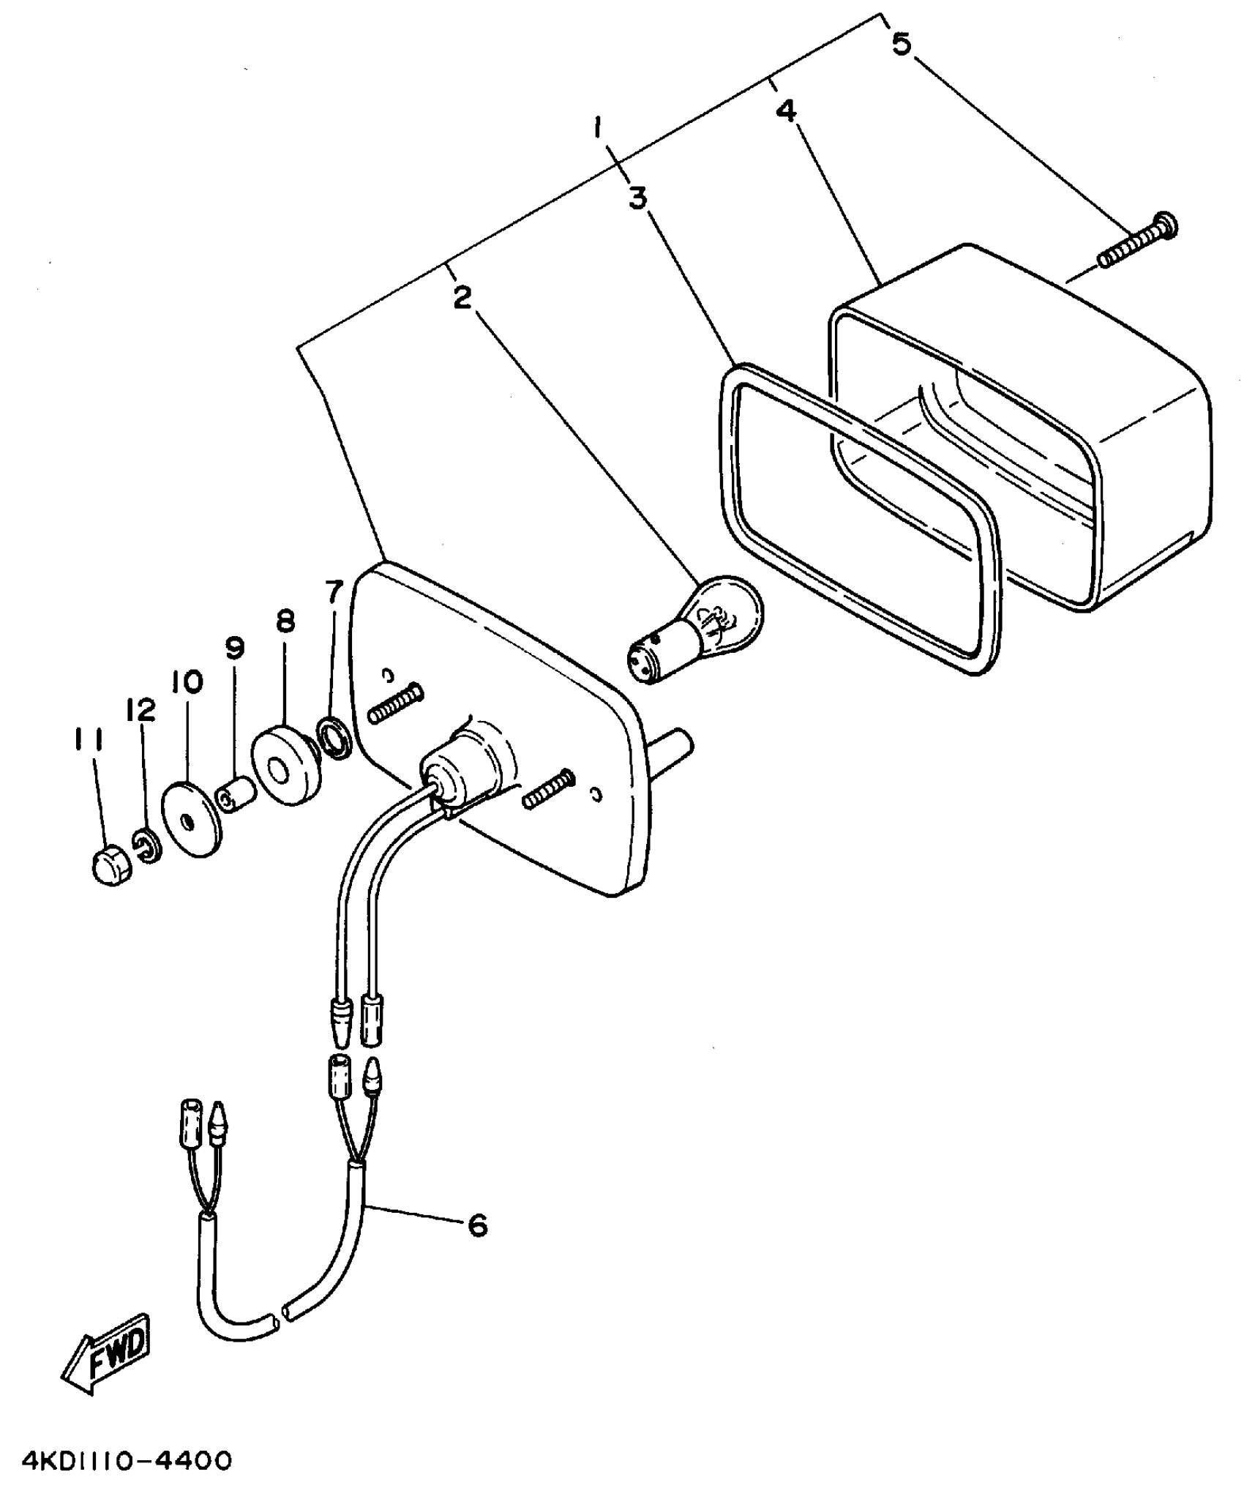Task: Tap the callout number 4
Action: pyautogui.click(x=786, y=111)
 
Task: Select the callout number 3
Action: pyautogui.click(x=638, y=198)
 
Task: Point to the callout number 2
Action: pyautogui.click(x=462, y=298)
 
